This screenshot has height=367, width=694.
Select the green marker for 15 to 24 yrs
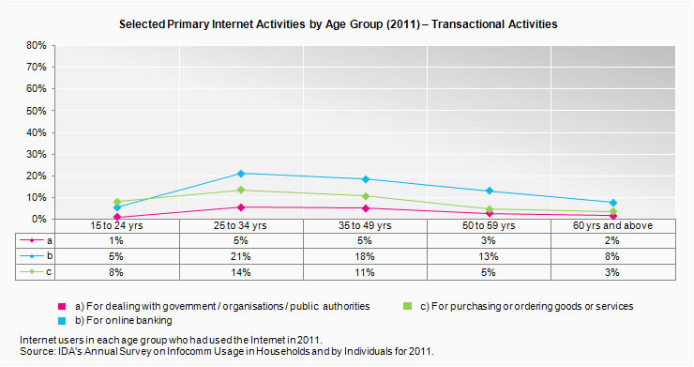(x=117, y=202)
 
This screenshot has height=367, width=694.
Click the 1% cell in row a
(x=117, y=239)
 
